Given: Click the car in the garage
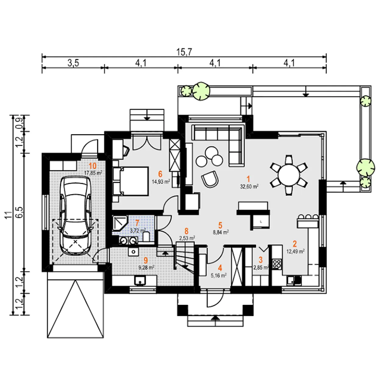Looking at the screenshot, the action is click(75, 215).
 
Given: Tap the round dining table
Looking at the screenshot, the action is click(289, 175).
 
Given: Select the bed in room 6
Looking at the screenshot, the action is click(130, 181).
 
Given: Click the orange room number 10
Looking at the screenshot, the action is click(93, 166).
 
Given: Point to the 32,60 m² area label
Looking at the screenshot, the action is click(249, 186).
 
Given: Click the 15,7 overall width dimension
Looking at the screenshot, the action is click(184, 52).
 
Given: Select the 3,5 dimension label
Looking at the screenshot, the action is click(73, 63).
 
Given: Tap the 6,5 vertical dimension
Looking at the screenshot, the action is click(19, 212).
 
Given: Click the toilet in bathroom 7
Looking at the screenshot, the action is click(146, 237).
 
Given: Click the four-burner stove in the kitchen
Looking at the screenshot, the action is click(276, 264).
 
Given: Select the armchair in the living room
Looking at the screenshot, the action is click(210, 179).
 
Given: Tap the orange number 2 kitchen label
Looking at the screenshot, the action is click(294, 244).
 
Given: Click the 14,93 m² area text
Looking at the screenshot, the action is click(161, 182).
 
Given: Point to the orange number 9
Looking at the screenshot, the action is click(146, 261).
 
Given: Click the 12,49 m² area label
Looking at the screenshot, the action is click(296, 252).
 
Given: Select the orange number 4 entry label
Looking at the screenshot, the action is click(220, 268).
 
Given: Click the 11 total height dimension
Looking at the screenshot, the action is click(8, 215).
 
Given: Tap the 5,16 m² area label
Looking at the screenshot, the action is click(218, 275).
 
